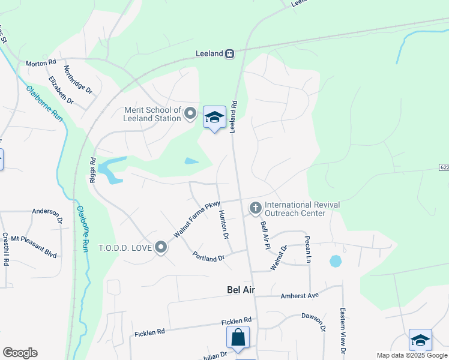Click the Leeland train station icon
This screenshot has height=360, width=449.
pos(229,53)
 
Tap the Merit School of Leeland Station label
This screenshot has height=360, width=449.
pos(152,114)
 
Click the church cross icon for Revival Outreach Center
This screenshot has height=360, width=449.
pos(256,208)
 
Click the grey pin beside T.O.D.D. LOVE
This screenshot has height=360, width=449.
pos(161,247)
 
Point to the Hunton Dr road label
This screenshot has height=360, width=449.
pos(224,225)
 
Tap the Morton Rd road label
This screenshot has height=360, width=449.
pos(40,63)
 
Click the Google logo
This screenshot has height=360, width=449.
pos(20,353)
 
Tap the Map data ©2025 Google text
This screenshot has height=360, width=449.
pos(411,355)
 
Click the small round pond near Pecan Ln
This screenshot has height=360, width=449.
pos(335,262)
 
